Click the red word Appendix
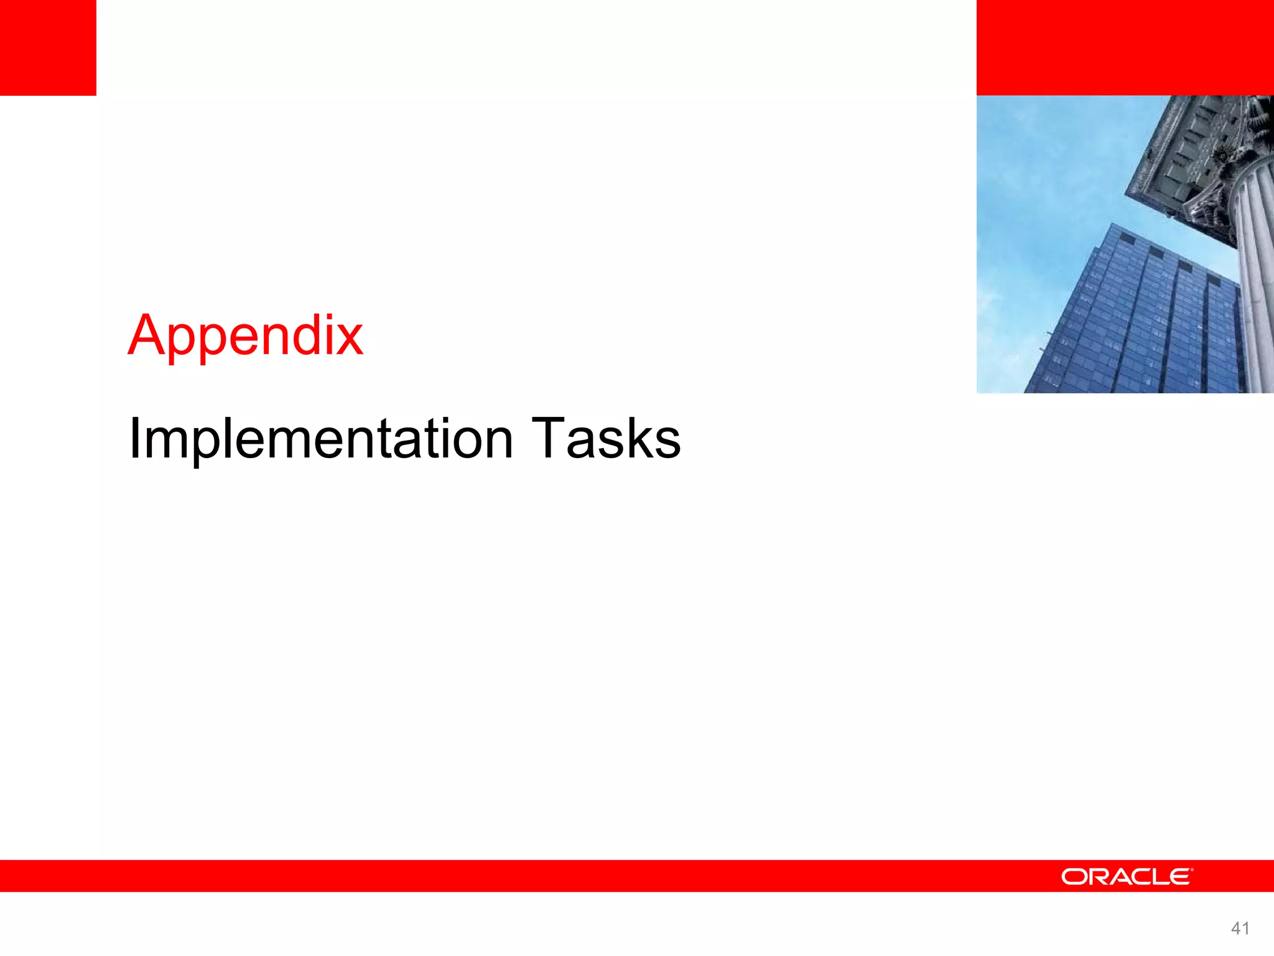pyautogui.click(x=245, y=336)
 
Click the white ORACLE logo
pyautogui.click(x=1127, y=877)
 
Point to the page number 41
pyautogui.click(x=1240, y=929)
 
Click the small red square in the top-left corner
pyautogui.click(x=48, y=47)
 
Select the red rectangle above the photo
pyautogui.click(x=1125, y=47)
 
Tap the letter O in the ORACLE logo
pyautogui.click(x=1074, y=877)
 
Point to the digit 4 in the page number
pyautogui.click(x=1235, y=929)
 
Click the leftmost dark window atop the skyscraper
pyautogui.click(x=1127, y=238)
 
